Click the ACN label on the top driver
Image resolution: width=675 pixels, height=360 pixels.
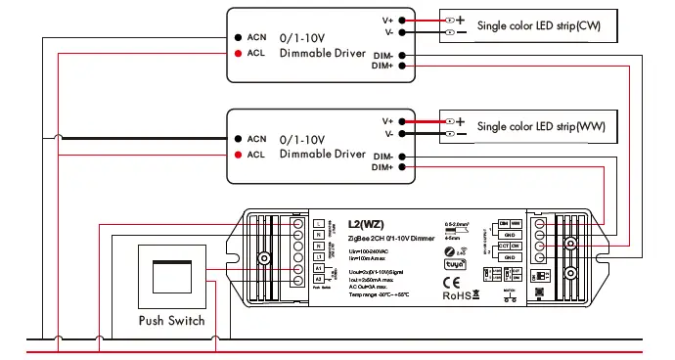[x=256, y=36]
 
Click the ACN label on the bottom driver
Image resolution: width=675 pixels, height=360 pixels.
[x=256, y=139]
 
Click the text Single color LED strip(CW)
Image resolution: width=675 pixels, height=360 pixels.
[x=539, y=24]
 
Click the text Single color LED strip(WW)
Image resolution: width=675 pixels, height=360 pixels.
[x=541, y=127]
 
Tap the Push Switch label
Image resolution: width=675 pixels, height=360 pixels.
[x=171, y=320]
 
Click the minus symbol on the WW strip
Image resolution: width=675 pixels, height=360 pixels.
[x=461, y=134]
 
